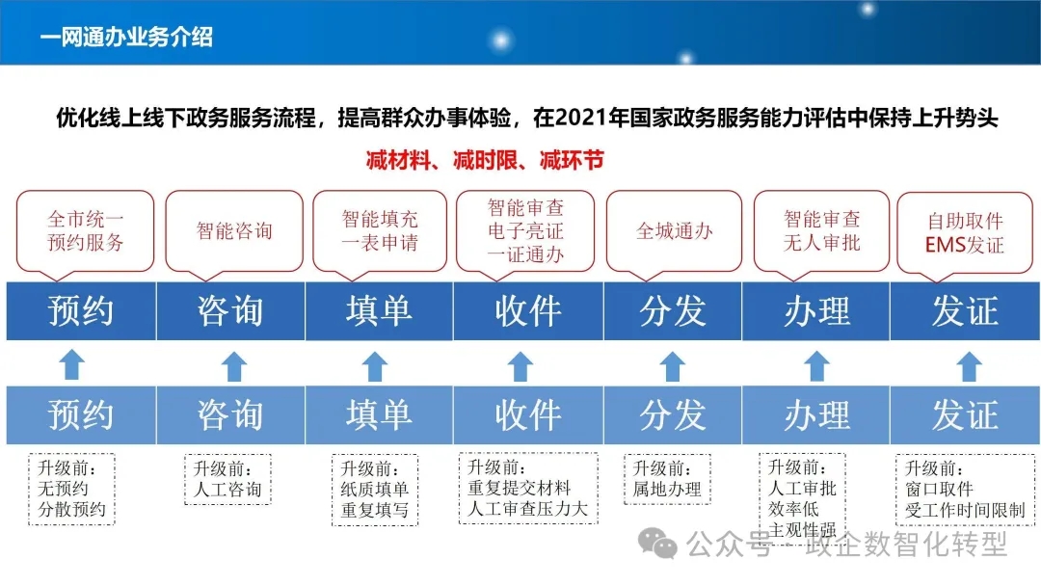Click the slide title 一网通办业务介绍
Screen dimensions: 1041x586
pos(126,38)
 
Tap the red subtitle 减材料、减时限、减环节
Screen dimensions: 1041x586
pos(485,160)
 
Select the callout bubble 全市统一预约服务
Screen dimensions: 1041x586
pos(85,231)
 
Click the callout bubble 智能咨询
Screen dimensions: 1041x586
pos(234,231)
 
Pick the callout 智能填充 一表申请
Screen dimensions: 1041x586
pos(380,231)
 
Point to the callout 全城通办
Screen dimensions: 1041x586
pos(674,231)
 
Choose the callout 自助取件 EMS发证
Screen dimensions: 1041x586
pos(965,232)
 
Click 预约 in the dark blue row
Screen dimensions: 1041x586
pos(81,311)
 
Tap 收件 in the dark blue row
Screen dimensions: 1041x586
pos(528,311)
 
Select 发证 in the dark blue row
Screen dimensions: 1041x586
pos(965,311)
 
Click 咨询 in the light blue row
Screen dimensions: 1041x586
pos(230,415)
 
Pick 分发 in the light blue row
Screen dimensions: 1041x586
pos(673,415)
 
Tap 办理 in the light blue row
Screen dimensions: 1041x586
pos(816,415)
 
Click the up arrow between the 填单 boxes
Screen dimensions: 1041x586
pos(375,365)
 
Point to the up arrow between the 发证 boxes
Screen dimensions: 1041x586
pos(970,365)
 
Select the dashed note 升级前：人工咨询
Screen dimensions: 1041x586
pos(227,479)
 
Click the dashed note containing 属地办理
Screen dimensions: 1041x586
pos(667,479)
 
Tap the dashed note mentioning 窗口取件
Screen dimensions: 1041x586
pos(965,490)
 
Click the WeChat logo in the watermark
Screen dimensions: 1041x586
pos(657,545)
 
